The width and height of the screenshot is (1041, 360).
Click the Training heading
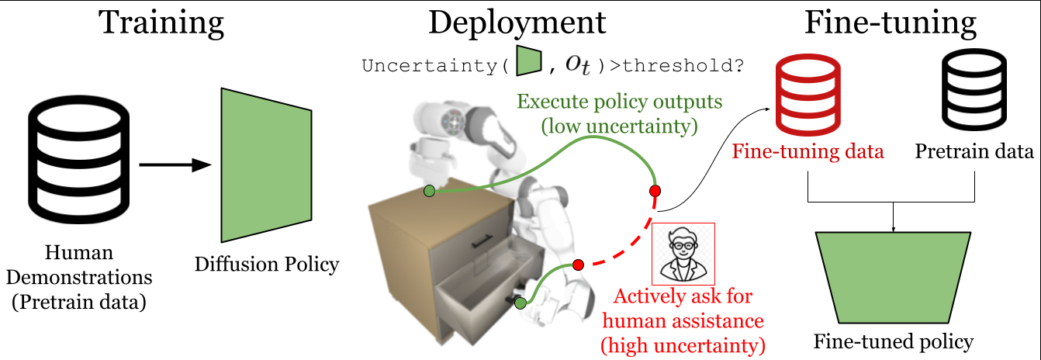161,23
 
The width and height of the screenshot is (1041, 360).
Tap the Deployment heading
517,23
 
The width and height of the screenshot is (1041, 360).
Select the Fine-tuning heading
891,23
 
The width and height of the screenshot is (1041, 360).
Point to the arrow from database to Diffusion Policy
175,164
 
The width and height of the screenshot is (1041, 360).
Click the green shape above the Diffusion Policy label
266,165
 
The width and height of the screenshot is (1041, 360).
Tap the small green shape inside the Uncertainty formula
529,61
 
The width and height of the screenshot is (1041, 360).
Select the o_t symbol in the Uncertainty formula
578,65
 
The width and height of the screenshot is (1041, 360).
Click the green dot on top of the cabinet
430,191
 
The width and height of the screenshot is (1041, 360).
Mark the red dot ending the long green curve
655,191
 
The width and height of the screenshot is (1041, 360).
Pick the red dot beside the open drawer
578,265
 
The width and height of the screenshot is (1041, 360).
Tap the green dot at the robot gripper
520,303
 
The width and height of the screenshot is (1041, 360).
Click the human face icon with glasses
683,254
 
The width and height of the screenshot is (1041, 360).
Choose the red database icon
808,95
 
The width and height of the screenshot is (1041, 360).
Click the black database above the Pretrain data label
974,89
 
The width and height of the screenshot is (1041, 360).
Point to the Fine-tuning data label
808,151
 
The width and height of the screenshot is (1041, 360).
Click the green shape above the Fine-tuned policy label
893,278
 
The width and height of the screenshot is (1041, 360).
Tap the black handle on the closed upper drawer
482,241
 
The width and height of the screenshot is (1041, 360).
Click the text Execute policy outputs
620,102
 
